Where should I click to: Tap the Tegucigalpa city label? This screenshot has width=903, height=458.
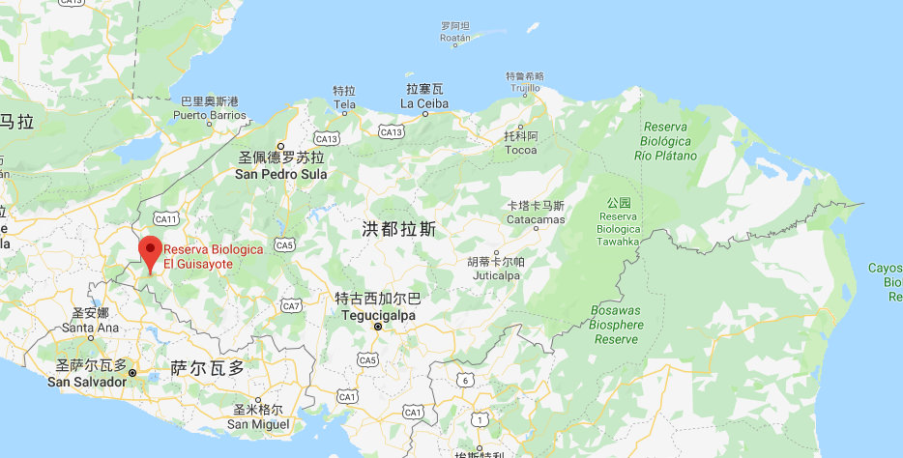(377, 315)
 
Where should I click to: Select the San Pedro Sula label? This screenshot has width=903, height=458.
(280, 174)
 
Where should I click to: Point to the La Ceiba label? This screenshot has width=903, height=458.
(423, 103)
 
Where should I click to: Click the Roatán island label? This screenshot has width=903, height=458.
(454, 39)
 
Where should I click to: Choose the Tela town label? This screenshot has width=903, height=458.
(344, 103)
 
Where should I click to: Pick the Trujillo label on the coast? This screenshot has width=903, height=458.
(525, 88)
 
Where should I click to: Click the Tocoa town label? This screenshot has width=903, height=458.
(520, 150)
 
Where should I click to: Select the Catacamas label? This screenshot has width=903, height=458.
(535, 219)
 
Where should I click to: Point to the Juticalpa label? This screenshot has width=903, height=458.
(496, 274)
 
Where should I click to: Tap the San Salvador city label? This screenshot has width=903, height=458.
(87, 381)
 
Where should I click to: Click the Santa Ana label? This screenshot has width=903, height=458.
(90, 327)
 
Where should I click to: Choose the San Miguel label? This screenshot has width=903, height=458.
(258, 423)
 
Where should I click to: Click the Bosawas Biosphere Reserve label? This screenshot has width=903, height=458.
(614, 325)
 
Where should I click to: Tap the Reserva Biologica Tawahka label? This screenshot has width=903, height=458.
(618, 229)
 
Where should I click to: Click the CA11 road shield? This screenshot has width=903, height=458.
(166, 220)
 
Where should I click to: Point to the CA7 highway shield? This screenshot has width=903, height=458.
(291, 305)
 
